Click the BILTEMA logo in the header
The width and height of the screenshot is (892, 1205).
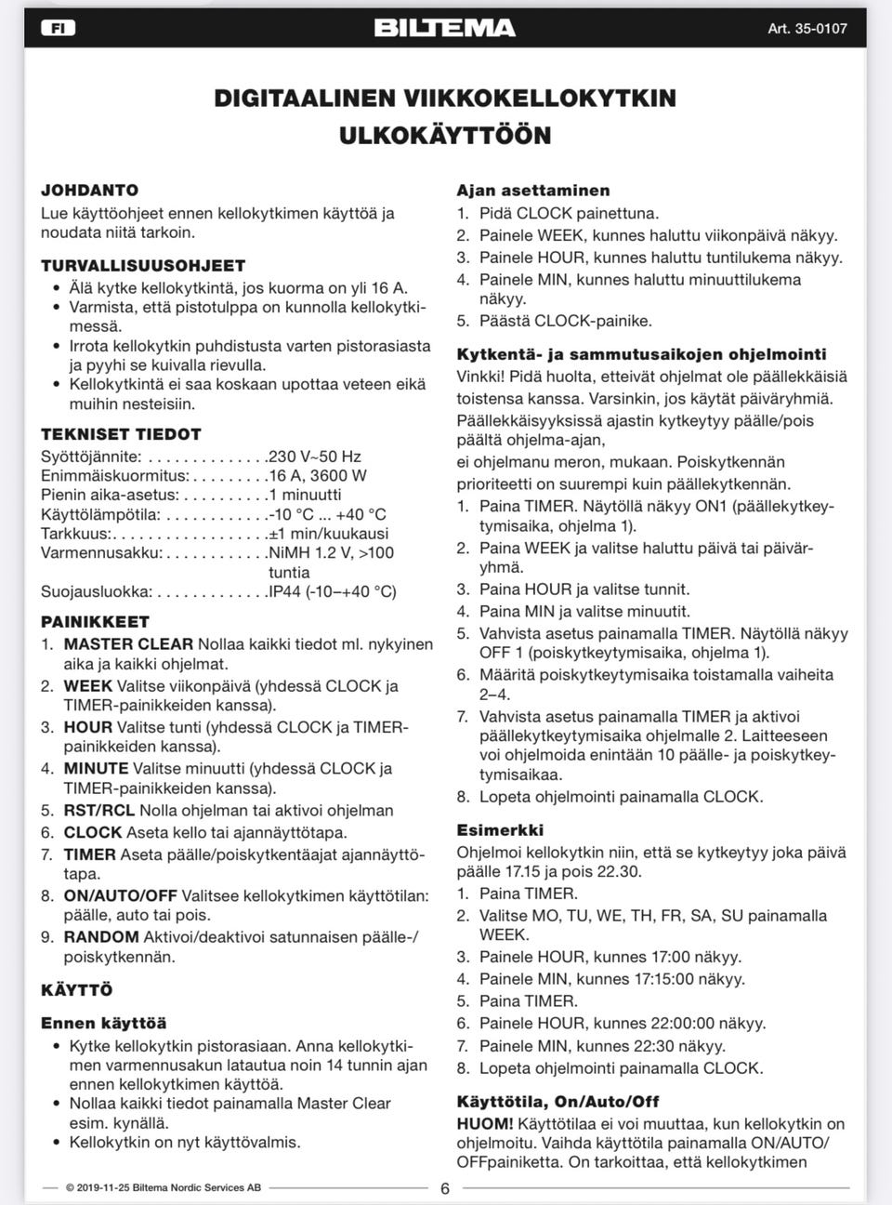(444, 28)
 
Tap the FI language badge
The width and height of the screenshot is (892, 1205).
(58, 28)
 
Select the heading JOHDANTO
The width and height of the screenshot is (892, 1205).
(89, 190)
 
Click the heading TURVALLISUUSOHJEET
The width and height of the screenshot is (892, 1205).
(143, 265)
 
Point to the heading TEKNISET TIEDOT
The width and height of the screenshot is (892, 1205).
(121, 434)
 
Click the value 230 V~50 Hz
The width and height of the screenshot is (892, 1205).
(314, 457)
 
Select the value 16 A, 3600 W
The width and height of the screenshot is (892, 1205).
(317, 476)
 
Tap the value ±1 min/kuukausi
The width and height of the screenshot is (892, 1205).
(328, 534)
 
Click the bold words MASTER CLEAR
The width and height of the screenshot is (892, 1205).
(128, 644)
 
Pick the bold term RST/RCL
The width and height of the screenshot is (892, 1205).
(98, 811)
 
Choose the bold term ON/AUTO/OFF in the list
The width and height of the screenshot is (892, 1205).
(120, 896)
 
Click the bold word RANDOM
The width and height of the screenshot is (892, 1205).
(100, 937)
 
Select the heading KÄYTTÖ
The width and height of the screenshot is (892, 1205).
(76, 990)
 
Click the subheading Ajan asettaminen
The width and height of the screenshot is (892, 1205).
(532, 191)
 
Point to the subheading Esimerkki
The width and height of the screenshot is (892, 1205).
(500, 830)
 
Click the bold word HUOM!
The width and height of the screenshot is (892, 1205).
(484, 1124)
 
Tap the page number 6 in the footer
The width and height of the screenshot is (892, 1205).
(445, 1188)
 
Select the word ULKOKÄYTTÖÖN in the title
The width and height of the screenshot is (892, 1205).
(445, 136)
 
